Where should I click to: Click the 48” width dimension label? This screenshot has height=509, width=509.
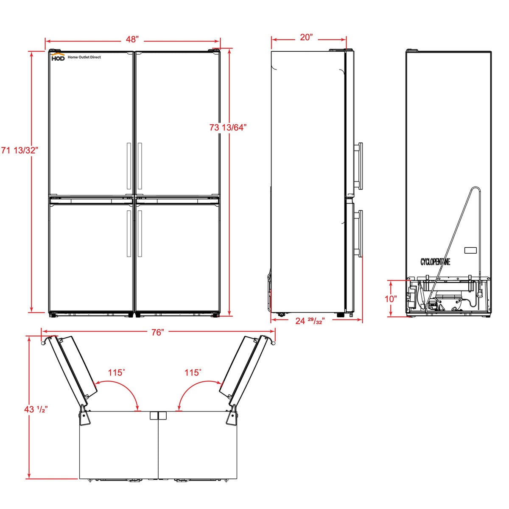coord(132,39)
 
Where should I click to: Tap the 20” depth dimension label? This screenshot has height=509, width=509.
coord(306,37)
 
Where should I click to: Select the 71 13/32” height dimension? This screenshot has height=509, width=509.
coord(20,150)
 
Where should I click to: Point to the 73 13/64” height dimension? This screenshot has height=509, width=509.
coord(228,127)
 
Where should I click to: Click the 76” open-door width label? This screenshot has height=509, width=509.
coord(157,333)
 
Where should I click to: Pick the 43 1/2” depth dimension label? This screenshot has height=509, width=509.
coord(36,409)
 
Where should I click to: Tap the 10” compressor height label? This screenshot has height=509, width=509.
coord(391,299)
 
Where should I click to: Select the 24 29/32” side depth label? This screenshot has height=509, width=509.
coord(310,321)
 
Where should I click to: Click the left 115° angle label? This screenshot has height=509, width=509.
coord(116,373)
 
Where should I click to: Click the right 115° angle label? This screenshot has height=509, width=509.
coord(193,373)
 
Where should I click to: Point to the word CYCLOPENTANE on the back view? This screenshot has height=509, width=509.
coord(435,262)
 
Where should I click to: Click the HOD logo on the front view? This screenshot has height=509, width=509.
coord(58,57)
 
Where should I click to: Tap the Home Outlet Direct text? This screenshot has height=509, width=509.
coord(84,57)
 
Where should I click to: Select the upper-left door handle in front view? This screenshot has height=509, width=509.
coord(129,166)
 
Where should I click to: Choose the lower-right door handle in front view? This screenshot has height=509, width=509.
coord(140,233)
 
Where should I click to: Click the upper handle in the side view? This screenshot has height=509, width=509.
coord(359,165)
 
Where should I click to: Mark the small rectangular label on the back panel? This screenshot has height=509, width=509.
coord(471,251)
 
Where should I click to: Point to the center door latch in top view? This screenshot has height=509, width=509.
coord(158,416)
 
